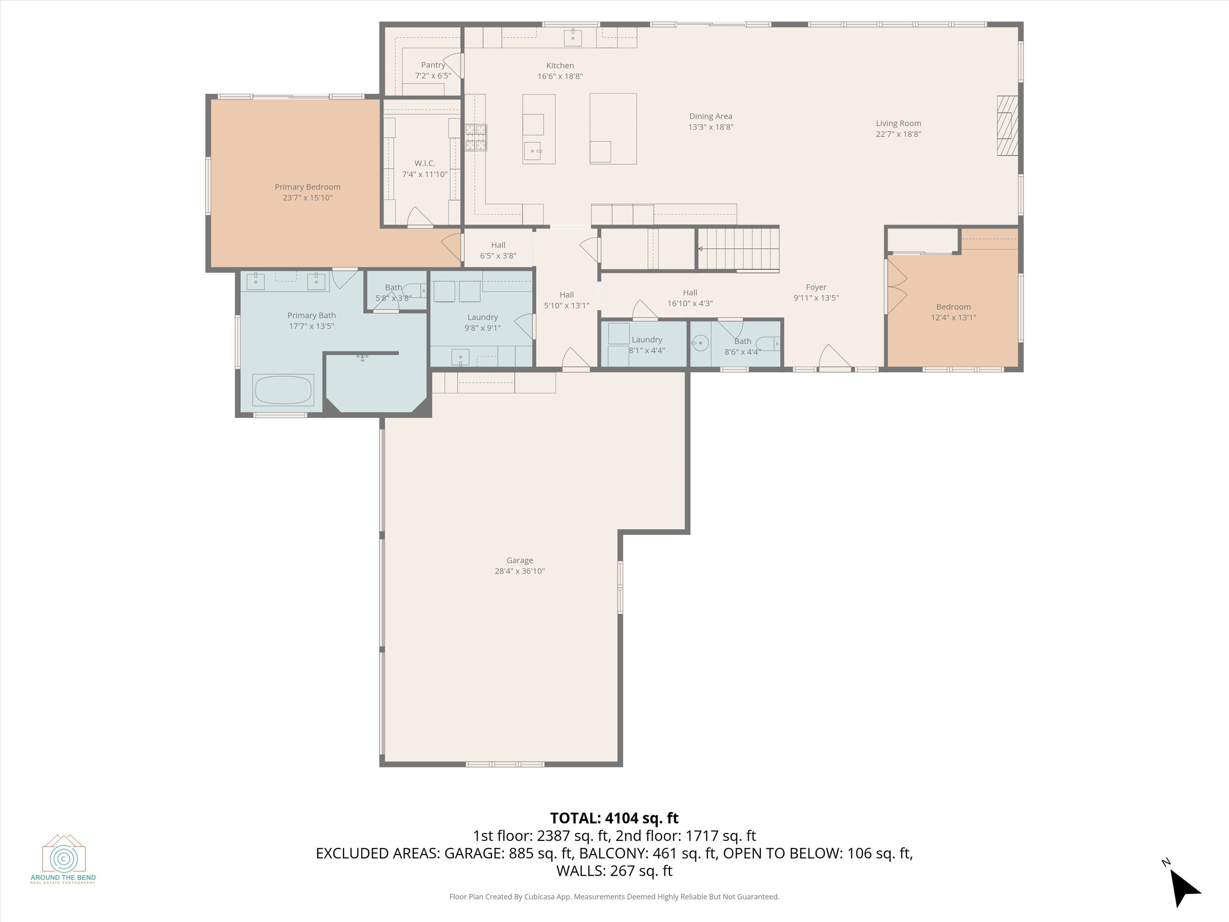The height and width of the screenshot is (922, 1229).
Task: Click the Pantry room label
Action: pos(433,65)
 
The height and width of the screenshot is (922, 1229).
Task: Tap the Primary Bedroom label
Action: pos(307,187)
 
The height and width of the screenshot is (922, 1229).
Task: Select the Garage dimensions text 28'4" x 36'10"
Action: pos(519,571)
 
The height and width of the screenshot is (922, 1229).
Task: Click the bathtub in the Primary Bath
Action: pos(283,390)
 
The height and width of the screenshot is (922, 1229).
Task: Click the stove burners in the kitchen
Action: pos(476,137)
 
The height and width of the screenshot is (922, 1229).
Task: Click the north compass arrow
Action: pos(1184,888)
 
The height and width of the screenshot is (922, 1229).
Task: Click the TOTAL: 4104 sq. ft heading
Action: pos(614,818)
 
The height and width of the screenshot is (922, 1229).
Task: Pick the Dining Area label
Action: pos(711,116)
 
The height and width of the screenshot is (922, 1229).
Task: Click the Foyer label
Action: pos(816,287)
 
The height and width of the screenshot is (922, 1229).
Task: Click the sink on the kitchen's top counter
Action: pos(573,38)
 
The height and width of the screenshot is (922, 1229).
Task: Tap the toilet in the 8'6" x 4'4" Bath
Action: pos(769,344)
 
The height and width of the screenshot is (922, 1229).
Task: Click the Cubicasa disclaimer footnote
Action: pos(614,897)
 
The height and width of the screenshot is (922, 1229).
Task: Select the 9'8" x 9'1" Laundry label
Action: pos(482,317)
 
